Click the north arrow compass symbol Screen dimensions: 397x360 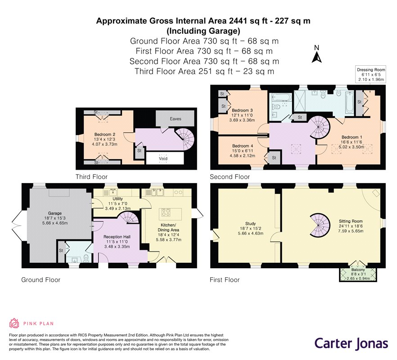316,54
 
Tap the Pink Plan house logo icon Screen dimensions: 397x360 14,323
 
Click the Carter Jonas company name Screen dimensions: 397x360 351,344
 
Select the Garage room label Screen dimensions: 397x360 55,213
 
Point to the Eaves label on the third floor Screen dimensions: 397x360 176,119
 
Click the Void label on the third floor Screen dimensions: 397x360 163,158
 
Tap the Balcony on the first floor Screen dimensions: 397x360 358,274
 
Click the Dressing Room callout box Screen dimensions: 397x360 371,74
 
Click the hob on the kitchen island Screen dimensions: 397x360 166,212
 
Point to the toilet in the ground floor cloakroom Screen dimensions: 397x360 86,258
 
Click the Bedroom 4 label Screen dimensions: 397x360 243,146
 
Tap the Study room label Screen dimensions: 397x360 250,224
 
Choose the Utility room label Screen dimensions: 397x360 117,199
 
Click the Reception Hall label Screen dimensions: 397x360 117,237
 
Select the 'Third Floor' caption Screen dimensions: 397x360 91,177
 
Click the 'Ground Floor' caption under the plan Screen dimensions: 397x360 41,280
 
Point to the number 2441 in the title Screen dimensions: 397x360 238,21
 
